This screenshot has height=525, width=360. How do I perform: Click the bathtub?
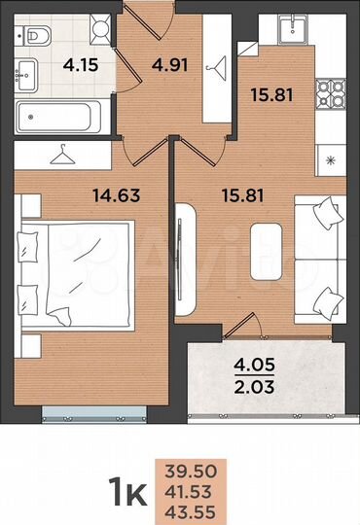[58, 118]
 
